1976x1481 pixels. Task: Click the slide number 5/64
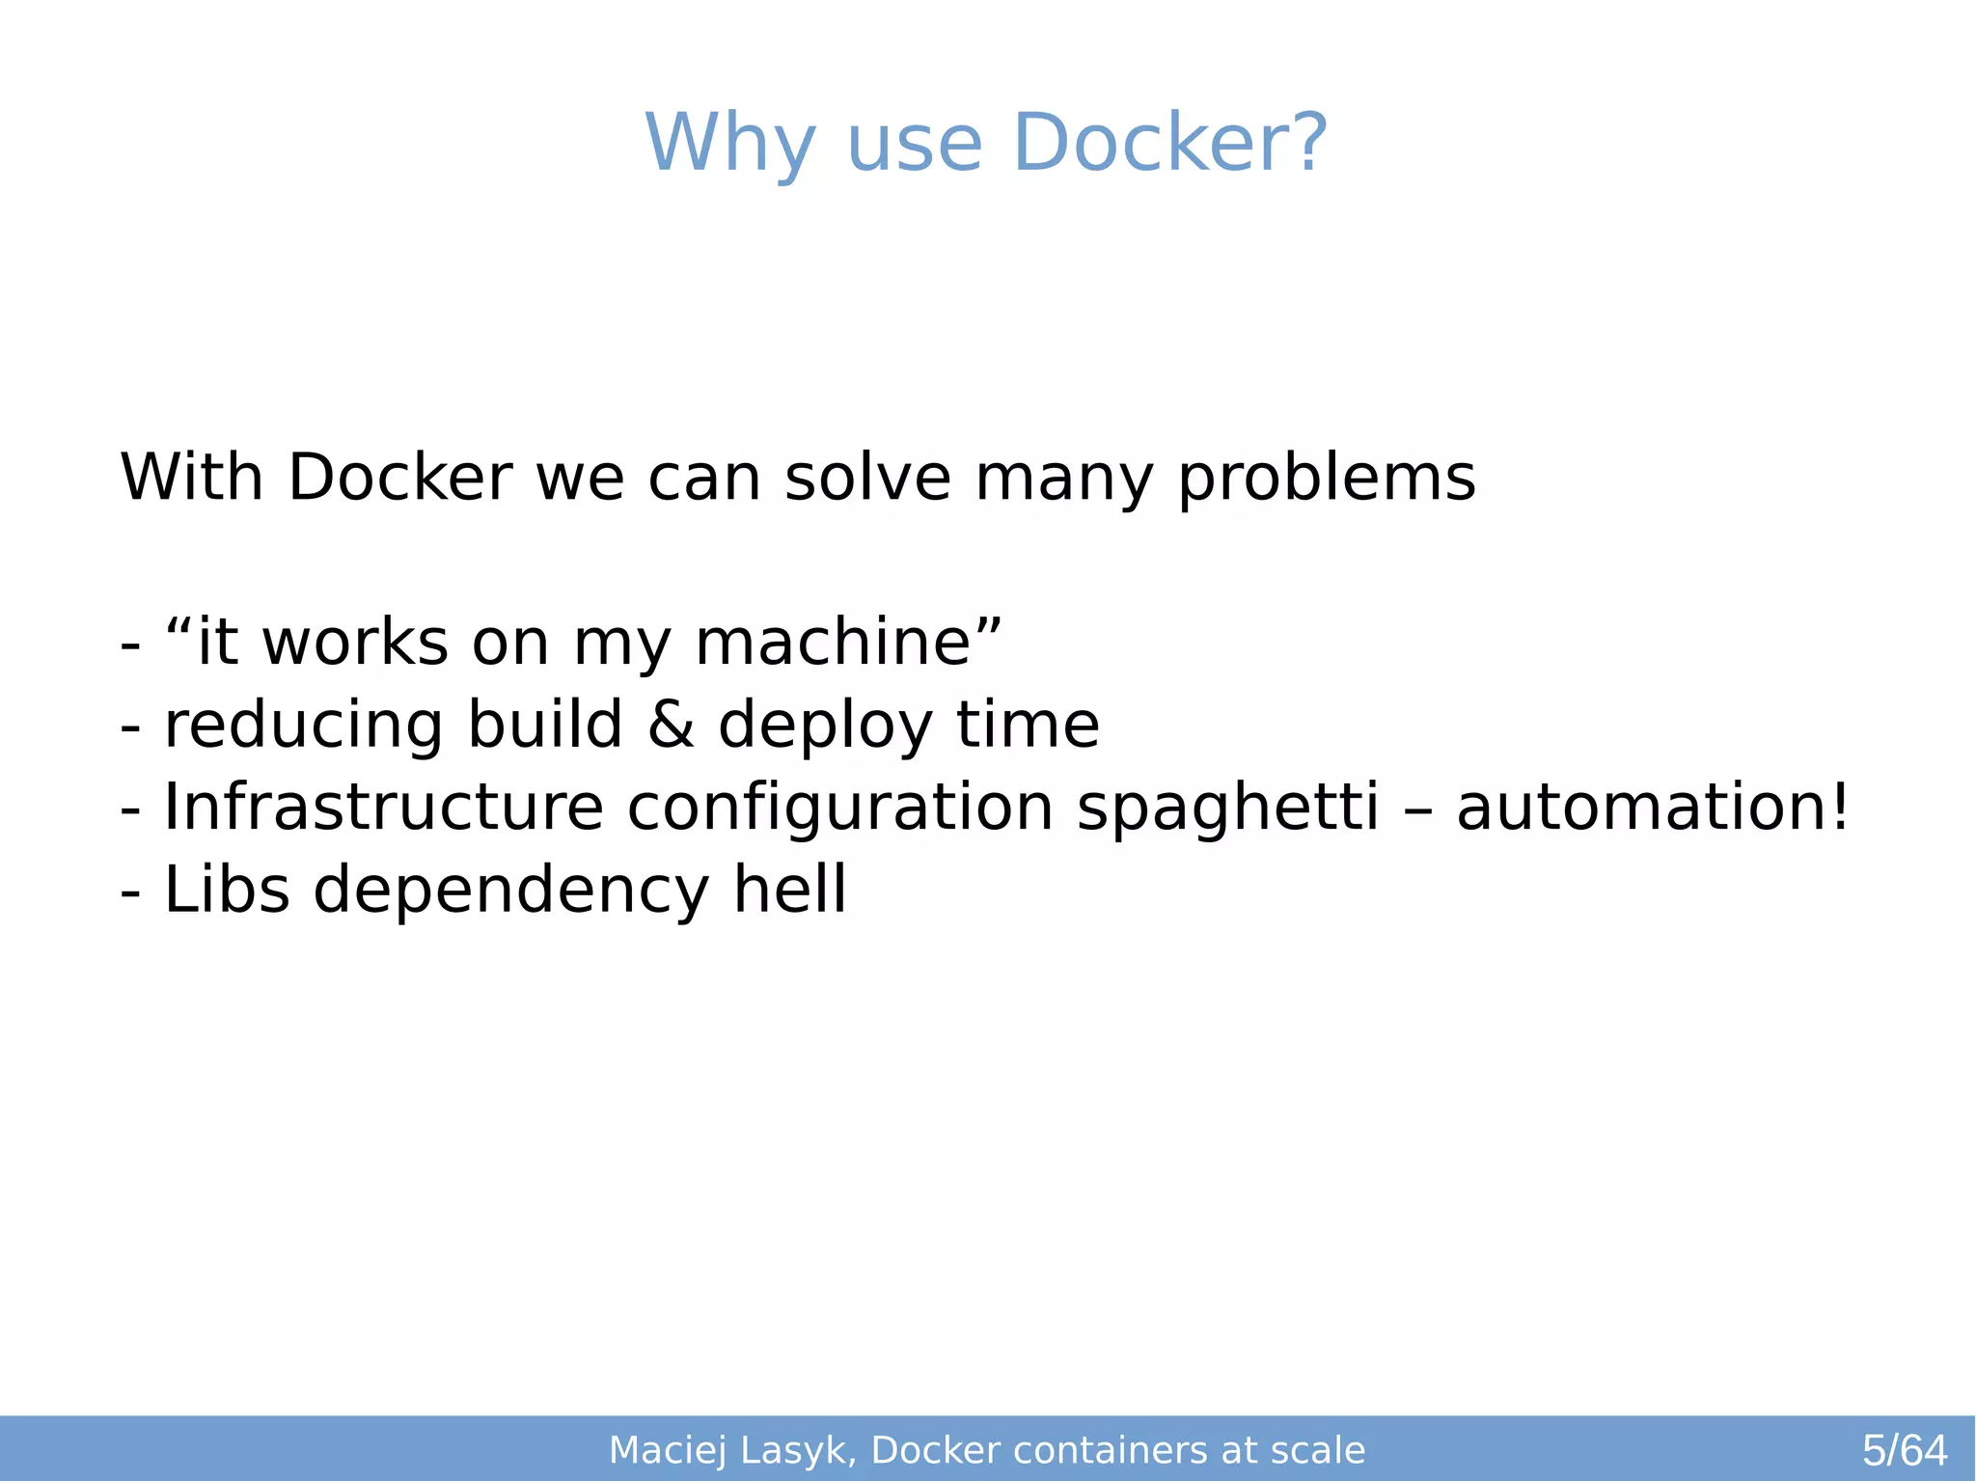click(x=1904, y=1450)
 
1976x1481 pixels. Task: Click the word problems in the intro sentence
click(x=1327, y=478)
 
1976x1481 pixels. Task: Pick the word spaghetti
click(x=1227, y=807)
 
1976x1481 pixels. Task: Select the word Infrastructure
click(x=383, y=807)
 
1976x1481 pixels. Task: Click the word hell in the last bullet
click(x=789, y=889)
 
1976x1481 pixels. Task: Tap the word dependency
click(x=511, y=891)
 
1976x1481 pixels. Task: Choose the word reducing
click(x=304, y=726)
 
